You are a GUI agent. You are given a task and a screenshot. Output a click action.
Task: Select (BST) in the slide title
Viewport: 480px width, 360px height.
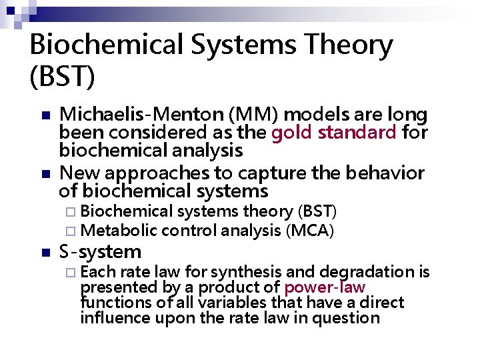click(63, 75)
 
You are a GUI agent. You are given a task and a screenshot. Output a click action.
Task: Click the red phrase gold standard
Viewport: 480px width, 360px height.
click(334, 132)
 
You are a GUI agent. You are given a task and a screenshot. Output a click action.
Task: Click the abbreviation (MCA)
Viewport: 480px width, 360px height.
click(309, 231)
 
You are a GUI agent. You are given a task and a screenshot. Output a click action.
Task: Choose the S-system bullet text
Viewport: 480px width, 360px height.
click(101, 252)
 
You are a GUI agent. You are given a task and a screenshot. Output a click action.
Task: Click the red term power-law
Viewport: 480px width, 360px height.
click(325, 287)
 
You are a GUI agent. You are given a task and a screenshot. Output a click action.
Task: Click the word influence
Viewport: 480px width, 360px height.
click(111, 317)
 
